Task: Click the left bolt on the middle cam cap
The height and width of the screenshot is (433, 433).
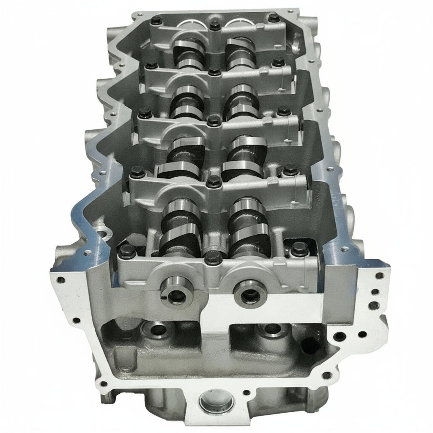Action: coord(145,112)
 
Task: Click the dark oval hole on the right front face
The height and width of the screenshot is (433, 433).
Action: coord(311,345)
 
